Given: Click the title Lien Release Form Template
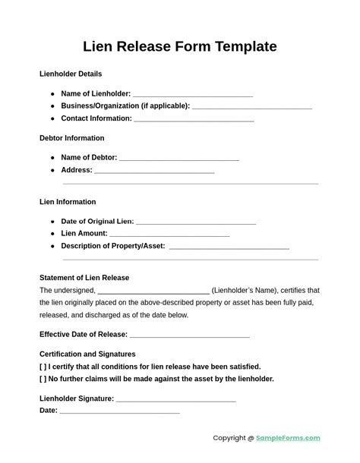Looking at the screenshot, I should click(x=180, y=46).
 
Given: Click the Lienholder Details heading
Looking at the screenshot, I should click(x=71, y=74).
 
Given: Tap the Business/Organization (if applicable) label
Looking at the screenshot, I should click(x=125, y=106).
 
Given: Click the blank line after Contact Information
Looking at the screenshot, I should click(x=194, y=119).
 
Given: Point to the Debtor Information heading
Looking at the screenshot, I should click(x=72, y=138).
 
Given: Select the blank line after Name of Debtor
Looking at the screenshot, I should click(x=179, y=159).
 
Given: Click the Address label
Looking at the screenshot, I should click(x=77, y=170).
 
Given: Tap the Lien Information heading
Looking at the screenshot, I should click(x=68, y=202).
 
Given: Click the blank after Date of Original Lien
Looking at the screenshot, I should click(x=196, y=222).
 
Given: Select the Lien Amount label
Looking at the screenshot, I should click(x=84, y=234).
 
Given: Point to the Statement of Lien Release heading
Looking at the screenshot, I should click(x=84, y=278).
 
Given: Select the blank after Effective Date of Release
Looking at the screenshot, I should click(x=190, y=335).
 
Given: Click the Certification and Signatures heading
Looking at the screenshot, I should click(x=87, y=354).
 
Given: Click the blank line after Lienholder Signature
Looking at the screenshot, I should click(x=176, y=399).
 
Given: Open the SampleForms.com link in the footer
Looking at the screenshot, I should click(x=289, y=438).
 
